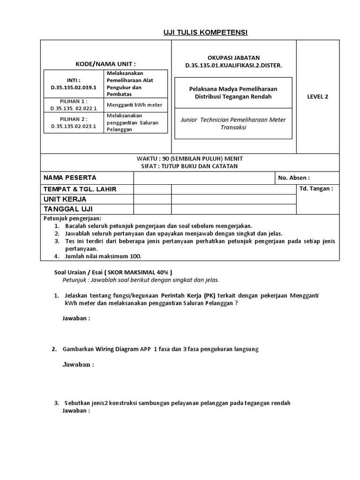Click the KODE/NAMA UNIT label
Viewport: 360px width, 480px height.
click(x=106, y=63)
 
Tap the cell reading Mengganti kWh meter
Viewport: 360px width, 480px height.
click(x=135, y=105)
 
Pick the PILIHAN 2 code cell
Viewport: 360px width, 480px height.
click(x=74, y=122)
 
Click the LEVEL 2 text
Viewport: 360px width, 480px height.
click(x=317, y=97)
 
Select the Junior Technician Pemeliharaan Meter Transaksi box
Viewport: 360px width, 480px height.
click(x=233, y=123)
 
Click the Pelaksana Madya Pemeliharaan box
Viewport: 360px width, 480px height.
click(x=233, y=92)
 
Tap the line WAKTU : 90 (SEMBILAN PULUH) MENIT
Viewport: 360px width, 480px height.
click(x=189, y=158)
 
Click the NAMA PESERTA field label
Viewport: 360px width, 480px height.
click(x=70, y=178)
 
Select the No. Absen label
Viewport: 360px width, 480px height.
click(x=293, y=178)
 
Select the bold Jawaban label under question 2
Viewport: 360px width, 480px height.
click(x=78, y=365)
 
